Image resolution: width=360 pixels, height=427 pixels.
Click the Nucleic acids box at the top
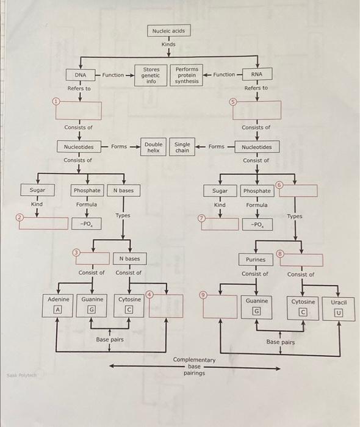click(x=168, y=30)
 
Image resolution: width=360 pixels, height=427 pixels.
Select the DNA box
click(x=80, y=75)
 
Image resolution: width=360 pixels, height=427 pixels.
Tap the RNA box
click(x=257, y=75)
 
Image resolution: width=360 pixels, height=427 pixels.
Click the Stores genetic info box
click(x=151, y=75)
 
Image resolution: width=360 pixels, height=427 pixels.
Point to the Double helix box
click(x=153, y=146)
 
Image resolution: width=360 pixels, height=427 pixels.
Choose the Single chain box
click(x=182, y=146)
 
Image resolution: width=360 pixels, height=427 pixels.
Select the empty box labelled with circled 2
click(x=44, y=223)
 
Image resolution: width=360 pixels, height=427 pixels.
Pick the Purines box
click(x=256, y=259)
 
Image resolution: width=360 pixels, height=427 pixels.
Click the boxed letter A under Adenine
click(x=59, y=309)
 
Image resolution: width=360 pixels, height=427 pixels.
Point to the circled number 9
click(x=204, y=295)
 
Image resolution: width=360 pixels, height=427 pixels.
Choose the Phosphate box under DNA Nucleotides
click(x=87, y=191)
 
